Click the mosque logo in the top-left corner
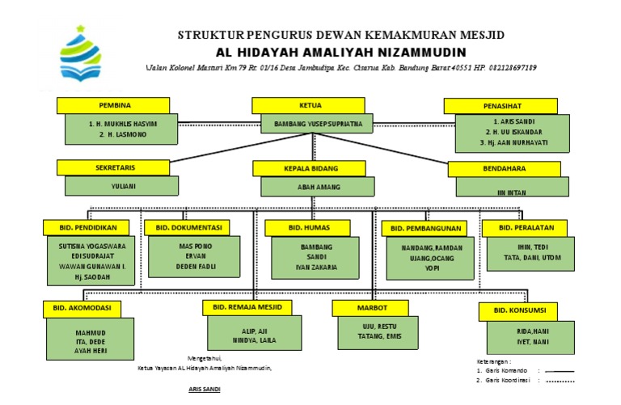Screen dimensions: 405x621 tap(82, 57)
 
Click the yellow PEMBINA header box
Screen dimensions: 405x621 tap(113, 105)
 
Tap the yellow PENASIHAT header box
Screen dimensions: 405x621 tap(501, 106)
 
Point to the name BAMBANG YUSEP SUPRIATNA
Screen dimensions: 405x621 tap(317, 124)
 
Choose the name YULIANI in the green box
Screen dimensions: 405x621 tap(121, 185)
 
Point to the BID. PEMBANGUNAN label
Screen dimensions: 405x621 tap(426, 229)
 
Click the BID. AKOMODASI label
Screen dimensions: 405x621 tap(82, 308)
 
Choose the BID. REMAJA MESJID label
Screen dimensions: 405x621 tap(247, 307)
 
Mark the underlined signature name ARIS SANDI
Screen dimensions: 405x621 tap(204, 389)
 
